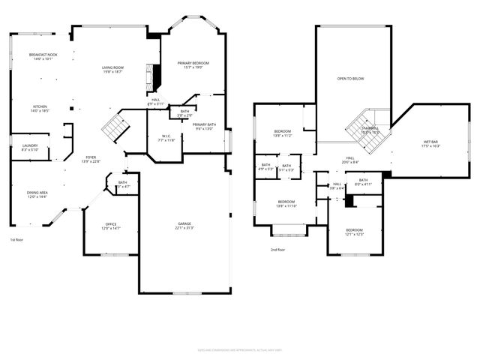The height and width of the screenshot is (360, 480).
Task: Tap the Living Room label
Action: (112, 70)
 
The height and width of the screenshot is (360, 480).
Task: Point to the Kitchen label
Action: (39, 109)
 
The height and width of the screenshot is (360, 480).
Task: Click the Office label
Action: (110, 226)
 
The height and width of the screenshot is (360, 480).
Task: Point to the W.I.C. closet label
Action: (166, 139)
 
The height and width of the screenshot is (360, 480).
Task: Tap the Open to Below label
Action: (351, 77)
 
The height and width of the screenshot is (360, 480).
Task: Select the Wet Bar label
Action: (430, 144)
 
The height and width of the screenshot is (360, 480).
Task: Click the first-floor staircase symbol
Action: (114, 127)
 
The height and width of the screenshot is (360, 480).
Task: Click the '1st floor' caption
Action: (16, 239)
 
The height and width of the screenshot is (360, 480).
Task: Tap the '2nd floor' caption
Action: (278, 249)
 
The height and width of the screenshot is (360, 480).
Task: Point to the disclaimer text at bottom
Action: (240, 349)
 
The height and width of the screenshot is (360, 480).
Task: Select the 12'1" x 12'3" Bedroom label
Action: (354, 232)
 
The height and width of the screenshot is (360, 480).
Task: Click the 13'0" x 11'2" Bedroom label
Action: (281, 133)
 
